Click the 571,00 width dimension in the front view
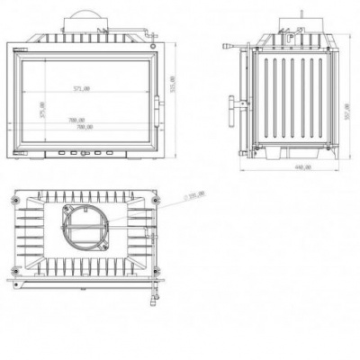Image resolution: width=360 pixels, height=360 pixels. (83, 87)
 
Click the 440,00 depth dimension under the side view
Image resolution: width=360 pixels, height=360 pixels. (302, 167)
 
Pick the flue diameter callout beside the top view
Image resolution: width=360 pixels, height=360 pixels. (194, 194)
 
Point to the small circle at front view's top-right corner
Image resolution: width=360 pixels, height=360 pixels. (154, 37)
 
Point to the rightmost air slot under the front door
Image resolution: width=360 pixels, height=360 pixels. (111, 152)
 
